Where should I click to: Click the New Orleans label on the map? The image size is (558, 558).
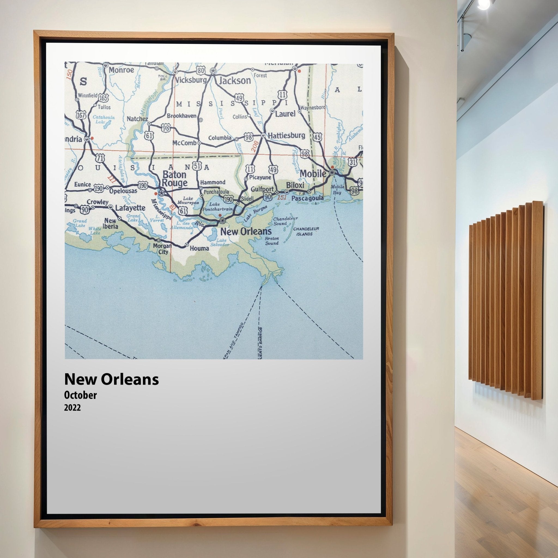point(246,231)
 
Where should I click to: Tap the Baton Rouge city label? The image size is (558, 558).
point(174,179)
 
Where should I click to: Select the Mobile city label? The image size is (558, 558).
point(313,174)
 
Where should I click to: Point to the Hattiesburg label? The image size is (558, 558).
point(286,135)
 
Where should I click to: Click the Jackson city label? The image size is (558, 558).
point(235,81)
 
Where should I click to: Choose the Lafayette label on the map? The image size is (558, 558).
point(130,208)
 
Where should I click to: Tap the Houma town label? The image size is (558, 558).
point(199,248)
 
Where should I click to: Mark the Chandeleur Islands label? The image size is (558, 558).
point(306,231)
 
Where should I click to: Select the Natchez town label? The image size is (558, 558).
point(137,119)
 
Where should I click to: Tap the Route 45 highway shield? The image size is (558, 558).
point(317,137)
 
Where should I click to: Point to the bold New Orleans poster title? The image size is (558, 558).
point(111,379)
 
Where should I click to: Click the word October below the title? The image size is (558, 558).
point(81,395)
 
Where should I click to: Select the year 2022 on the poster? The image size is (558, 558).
point(72,408)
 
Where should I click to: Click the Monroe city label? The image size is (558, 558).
point(121,70)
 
